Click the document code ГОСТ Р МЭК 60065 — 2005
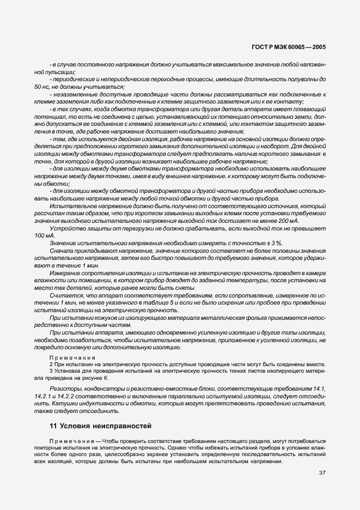click(x=289, y=47)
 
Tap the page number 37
click(x=322, y=472)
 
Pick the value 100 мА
click(x=43, y=235)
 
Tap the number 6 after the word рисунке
click(x=106, y=378)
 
